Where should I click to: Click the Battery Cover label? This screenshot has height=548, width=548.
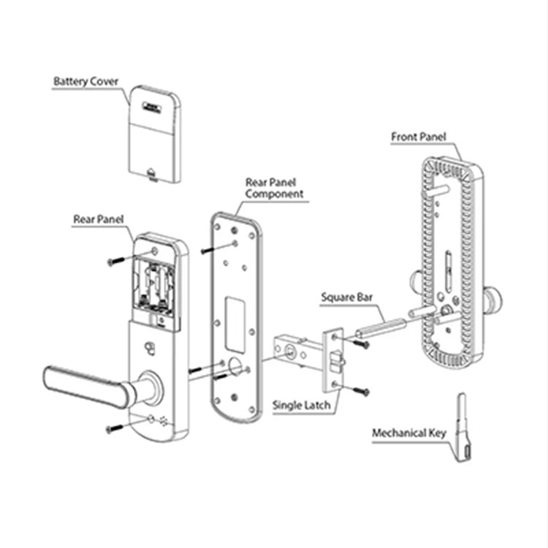pos(85,81)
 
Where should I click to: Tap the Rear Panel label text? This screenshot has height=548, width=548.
pos(98,219)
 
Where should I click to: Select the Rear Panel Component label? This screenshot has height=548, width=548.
pos(274,188)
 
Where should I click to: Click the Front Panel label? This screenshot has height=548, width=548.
pos(418,137)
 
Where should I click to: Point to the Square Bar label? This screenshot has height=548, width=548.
pos(347,298)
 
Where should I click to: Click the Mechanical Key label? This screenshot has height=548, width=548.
pos(408,433)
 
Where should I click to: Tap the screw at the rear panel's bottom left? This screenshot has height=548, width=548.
pos(113,428)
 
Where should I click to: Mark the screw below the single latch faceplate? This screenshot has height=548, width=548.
pos(361,392)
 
